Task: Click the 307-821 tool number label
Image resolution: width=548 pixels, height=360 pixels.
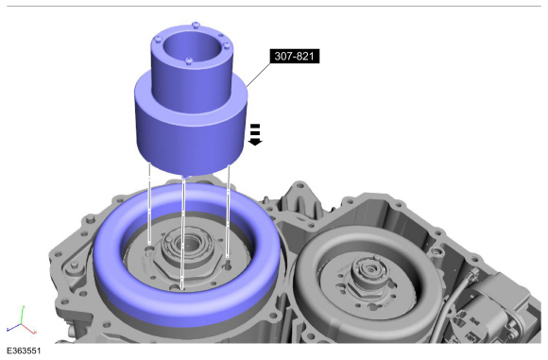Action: tap(295, 56)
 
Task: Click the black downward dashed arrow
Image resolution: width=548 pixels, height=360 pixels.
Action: tap(255, 134)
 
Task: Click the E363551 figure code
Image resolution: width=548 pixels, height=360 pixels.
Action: tap(24, 351)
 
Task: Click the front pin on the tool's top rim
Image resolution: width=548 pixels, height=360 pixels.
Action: tap(189, 61)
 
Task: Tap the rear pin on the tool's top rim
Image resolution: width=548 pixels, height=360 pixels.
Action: tap(197, 25)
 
